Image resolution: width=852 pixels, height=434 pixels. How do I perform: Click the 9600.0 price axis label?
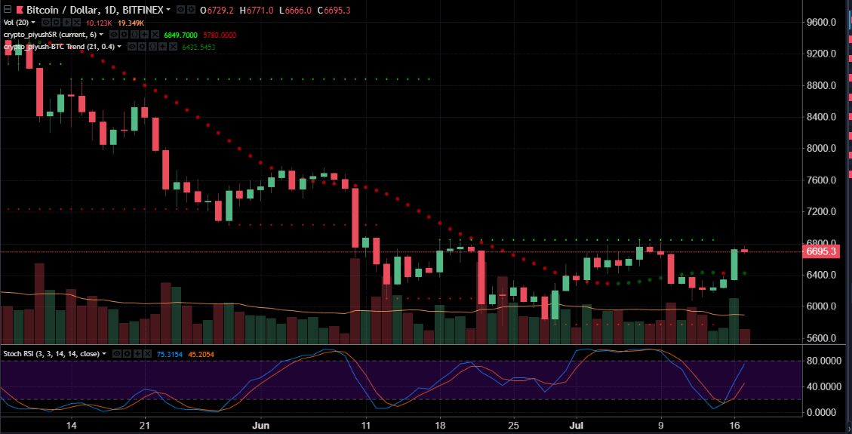coord(821,23)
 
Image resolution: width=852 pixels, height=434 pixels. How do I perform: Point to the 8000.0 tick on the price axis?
coord(821,149)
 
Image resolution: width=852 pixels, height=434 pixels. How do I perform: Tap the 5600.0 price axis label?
coord(821,338)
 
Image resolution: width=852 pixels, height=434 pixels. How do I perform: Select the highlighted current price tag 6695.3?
coord(821,251)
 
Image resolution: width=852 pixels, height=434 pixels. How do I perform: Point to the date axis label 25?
coord(513,426)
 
